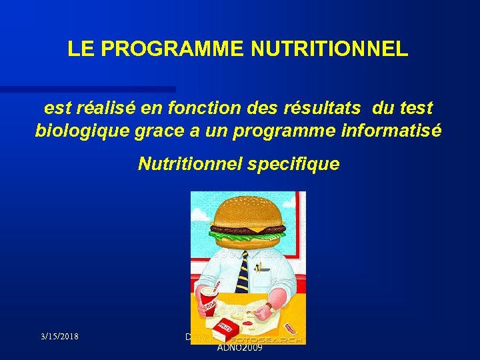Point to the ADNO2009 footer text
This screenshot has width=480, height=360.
(x=239, y=347)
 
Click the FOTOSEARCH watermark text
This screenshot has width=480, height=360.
(x=273, y=339)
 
